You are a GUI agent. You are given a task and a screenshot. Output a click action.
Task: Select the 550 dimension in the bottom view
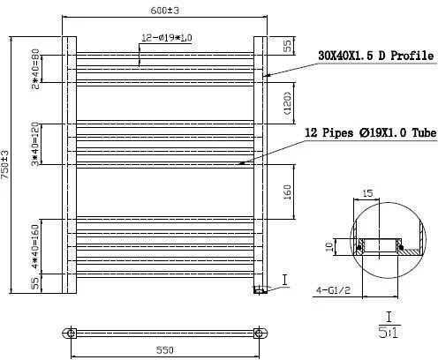pos(163,349)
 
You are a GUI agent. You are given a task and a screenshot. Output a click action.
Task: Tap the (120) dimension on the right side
pos(288,100)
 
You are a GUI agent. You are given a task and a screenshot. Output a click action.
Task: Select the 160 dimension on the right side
pos(288,191)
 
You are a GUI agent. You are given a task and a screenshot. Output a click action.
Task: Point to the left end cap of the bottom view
pos(70,333)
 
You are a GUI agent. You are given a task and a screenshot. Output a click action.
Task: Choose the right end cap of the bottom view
pos(259,333)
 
